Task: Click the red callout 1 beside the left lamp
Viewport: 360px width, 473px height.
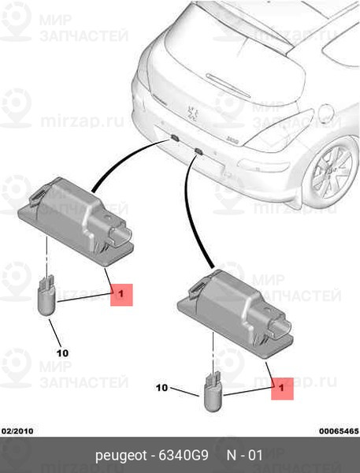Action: coord(121,294)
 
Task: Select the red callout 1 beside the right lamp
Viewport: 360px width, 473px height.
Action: coord(282,389)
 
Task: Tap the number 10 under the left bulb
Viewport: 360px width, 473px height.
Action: coord(62,353)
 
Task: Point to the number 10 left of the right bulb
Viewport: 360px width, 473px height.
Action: coord(162,388)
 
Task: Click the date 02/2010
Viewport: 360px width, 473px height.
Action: coord(17,430)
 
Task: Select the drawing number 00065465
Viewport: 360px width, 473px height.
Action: coord(339,430)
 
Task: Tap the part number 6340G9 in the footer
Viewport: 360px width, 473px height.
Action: coord(184,455)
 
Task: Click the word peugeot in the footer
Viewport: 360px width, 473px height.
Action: coord(121,456)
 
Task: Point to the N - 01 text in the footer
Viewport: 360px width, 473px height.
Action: coord(244,455)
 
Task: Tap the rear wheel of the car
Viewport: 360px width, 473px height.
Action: coord(330,171)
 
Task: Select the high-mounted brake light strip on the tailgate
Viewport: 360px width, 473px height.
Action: coord(228,84)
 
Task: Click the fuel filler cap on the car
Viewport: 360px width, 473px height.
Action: coord(326,114)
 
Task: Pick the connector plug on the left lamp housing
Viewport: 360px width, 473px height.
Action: coord(121,235)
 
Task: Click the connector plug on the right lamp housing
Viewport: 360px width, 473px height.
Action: coord(280,328)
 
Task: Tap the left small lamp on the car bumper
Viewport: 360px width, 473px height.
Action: coord(175,138)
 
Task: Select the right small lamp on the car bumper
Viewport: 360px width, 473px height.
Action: coord(198,151)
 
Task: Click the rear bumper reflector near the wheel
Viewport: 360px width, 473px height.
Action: coord(264,166)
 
